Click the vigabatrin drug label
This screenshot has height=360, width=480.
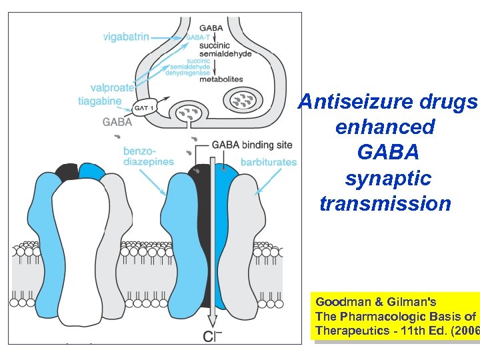click(x=127, y=36)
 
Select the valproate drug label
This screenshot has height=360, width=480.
click(x=112, y=87)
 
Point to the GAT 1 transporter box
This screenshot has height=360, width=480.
click(x=147, y=107)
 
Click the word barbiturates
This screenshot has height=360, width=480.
click(x=268, y=161)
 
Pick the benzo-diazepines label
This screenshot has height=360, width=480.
click(x=149, y=156)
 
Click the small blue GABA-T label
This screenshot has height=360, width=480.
click(x=198, y=38)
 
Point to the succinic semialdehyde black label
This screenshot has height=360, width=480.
click(x=229, y=49)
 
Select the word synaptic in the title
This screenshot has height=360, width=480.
click(x=387, y=178)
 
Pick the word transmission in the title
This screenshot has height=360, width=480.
click(x=385, y=203)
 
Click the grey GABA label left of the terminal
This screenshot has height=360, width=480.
click(x=117, y=122)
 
